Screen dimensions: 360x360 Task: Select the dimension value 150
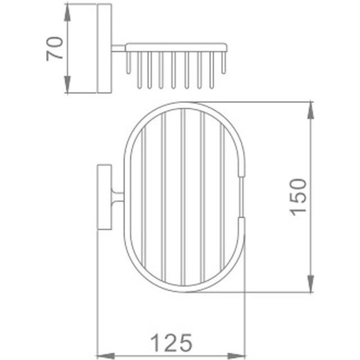click(298, 197)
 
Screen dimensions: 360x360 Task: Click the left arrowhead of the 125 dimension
click(102, 353)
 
